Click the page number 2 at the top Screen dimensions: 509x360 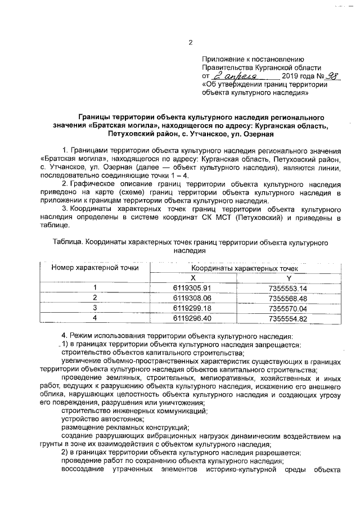190,42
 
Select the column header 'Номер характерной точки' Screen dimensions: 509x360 95,268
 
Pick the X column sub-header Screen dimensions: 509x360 192,278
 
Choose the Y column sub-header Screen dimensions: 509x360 289,278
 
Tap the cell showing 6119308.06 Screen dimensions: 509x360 192,298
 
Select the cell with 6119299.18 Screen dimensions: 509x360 192,308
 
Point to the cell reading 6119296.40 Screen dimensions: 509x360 192,318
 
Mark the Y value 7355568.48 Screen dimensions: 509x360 289,298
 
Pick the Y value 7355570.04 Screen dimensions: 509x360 289,308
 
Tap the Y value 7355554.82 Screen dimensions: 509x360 289,318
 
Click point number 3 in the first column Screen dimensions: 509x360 95,308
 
